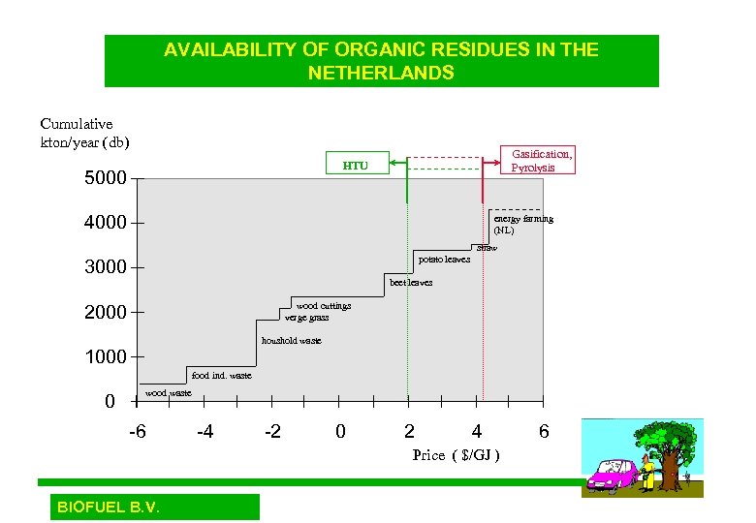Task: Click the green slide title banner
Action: tap(381, 61)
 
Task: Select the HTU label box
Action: tap(356, 166)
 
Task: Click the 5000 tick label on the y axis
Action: tap(106, 178)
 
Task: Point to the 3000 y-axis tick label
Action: tap(106, 267)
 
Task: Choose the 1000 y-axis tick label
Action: tap(106, 356)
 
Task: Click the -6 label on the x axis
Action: tap(138, 431)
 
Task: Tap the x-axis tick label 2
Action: tap(409, 431)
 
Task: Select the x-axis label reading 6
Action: tap(544, 431)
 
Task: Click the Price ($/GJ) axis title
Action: tap(456, 454)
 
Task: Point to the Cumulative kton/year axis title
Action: tap(83, 133)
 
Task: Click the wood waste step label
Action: tap(169, 393)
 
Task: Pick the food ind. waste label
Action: tap(221, 375)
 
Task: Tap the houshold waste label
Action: tap(291, 341)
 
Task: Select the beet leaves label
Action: tap(410, 283)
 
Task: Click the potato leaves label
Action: tap(444, 260)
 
